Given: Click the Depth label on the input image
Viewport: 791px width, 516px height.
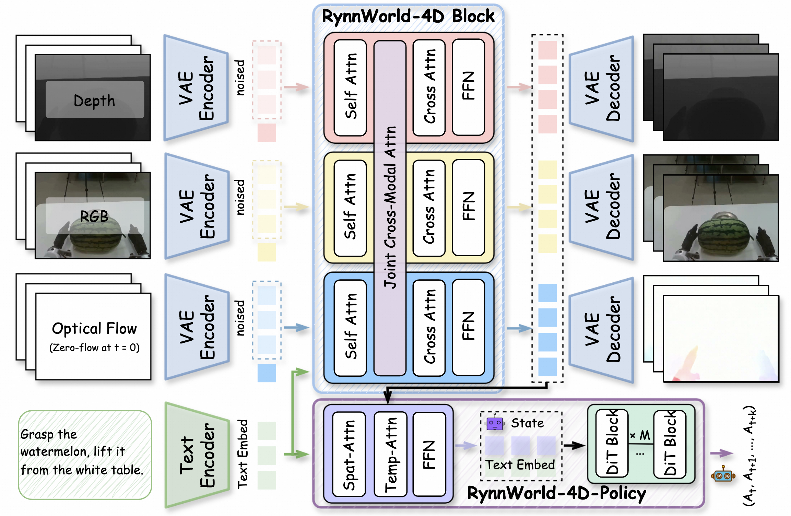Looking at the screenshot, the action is (94, 101).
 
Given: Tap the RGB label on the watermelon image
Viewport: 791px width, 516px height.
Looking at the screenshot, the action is (94, 216).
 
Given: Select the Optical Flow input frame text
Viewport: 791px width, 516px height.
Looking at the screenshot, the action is (94, 329).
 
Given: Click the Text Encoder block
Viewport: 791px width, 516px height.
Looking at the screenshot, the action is (197, 455).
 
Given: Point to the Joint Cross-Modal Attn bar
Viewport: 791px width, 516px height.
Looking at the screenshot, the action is (390, 208).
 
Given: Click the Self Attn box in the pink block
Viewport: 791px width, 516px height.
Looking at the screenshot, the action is (350, 87).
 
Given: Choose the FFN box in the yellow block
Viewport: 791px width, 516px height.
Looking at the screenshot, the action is (469, 208).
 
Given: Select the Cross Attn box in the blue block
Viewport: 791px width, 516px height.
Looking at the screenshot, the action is (429, 328).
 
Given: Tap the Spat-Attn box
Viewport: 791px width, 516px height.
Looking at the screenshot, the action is (349, 454).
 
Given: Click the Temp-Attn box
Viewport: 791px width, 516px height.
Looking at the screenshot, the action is (391, 454).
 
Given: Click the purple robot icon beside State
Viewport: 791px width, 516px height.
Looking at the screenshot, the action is (495, 423).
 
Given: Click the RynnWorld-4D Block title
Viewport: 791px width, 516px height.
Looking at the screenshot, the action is (408, 16).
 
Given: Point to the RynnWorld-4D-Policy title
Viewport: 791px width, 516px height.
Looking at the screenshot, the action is (557, 493).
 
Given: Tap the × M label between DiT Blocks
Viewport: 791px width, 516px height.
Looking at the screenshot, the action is (640, 435).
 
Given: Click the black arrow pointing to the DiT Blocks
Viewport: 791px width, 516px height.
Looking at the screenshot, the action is (575, 446).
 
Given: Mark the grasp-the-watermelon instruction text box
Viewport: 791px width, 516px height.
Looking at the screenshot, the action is (85, 455).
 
